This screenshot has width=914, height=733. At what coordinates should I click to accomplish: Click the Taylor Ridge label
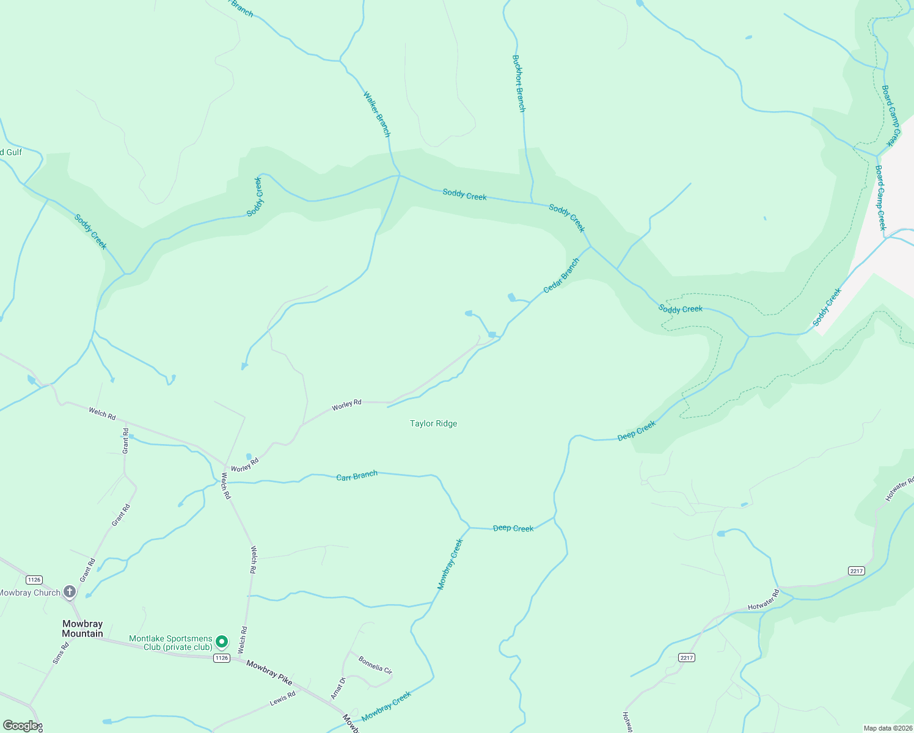click(433, 423)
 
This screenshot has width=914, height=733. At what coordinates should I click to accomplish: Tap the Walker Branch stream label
click(376, 114)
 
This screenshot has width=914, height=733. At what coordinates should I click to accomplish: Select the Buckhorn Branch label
click(518, 84)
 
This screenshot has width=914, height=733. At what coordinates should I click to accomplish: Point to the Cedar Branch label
click(561, 275)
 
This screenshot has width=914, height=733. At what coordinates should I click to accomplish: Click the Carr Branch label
click(357, 475)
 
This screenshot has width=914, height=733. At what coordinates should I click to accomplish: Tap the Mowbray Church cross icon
click(70, 591)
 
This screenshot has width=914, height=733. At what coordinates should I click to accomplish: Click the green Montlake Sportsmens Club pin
click(222, 642)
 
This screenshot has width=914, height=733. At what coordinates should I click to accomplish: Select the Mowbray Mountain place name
click(82, 629)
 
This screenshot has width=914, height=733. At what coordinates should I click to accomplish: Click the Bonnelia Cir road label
click(375, 665)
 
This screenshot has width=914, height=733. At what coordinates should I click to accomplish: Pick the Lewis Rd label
click(283, 698)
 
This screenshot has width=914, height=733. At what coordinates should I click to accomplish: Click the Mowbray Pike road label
click(269, 672)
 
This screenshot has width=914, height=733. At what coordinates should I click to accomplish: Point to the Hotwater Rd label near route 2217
click(764, 599)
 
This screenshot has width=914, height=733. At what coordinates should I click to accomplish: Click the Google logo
click(21, 726)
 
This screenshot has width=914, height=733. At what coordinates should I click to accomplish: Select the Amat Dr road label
click(338, 688)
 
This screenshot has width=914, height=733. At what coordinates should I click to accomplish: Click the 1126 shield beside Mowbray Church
click(34, 580)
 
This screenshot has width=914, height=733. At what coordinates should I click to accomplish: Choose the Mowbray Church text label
click(29, 593)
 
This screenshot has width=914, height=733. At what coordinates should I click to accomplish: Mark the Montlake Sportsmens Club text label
click(170, 643)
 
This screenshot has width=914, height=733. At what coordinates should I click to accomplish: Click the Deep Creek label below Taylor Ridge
click(513, 528)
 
